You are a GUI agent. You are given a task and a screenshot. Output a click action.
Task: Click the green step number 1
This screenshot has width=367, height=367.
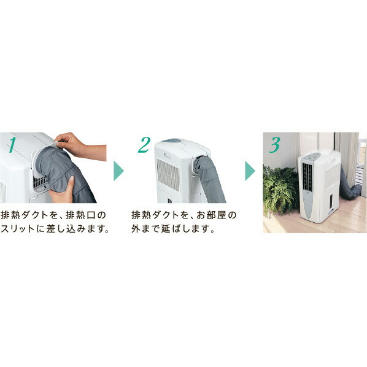click(x=10, y=144)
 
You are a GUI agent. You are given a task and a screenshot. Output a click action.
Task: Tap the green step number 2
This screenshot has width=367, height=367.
click(x=144, y=145)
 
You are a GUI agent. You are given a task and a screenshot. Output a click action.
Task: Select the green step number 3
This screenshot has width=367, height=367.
click(x=274, y=145)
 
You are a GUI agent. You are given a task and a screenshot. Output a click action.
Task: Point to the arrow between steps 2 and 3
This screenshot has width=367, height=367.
click(x=250, y=171)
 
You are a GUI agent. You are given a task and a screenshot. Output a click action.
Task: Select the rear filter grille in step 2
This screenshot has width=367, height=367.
click(x=167, y=174)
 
